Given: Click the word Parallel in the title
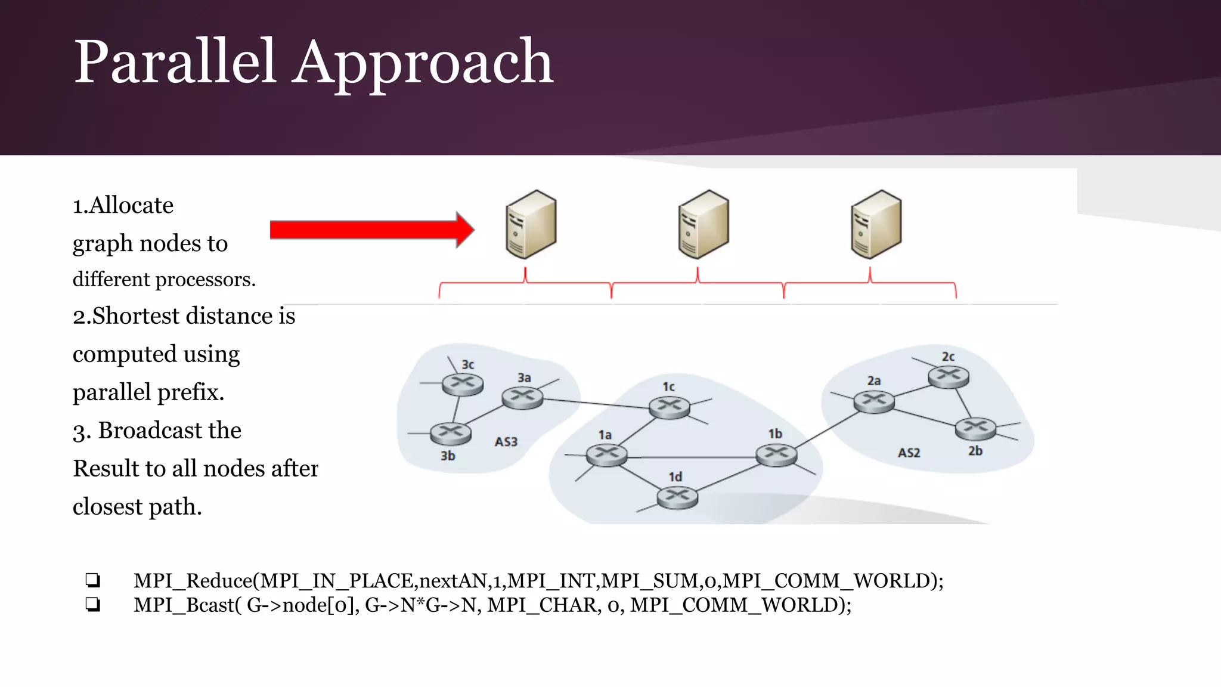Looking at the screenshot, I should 175,61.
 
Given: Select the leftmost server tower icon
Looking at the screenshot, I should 531,225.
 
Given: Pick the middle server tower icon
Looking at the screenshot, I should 704,225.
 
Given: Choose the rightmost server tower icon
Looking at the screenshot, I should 876,225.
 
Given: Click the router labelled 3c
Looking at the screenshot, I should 463,383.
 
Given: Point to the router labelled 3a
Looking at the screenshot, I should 522,397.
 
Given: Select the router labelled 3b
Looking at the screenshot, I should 451,434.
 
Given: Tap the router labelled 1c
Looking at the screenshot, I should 669,407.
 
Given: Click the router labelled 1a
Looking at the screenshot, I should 607,456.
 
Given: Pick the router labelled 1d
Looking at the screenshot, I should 677,497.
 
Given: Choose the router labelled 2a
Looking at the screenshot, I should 874,401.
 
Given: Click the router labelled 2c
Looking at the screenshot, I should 949,376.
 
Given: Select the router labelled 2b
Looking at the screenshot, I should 975,428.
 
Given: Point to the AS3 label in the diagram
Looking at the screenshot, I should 506,442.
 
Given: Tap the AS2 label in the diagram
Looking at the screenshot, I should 909,453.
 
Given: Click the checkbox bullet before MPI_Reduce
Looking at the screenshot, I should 92,580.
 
